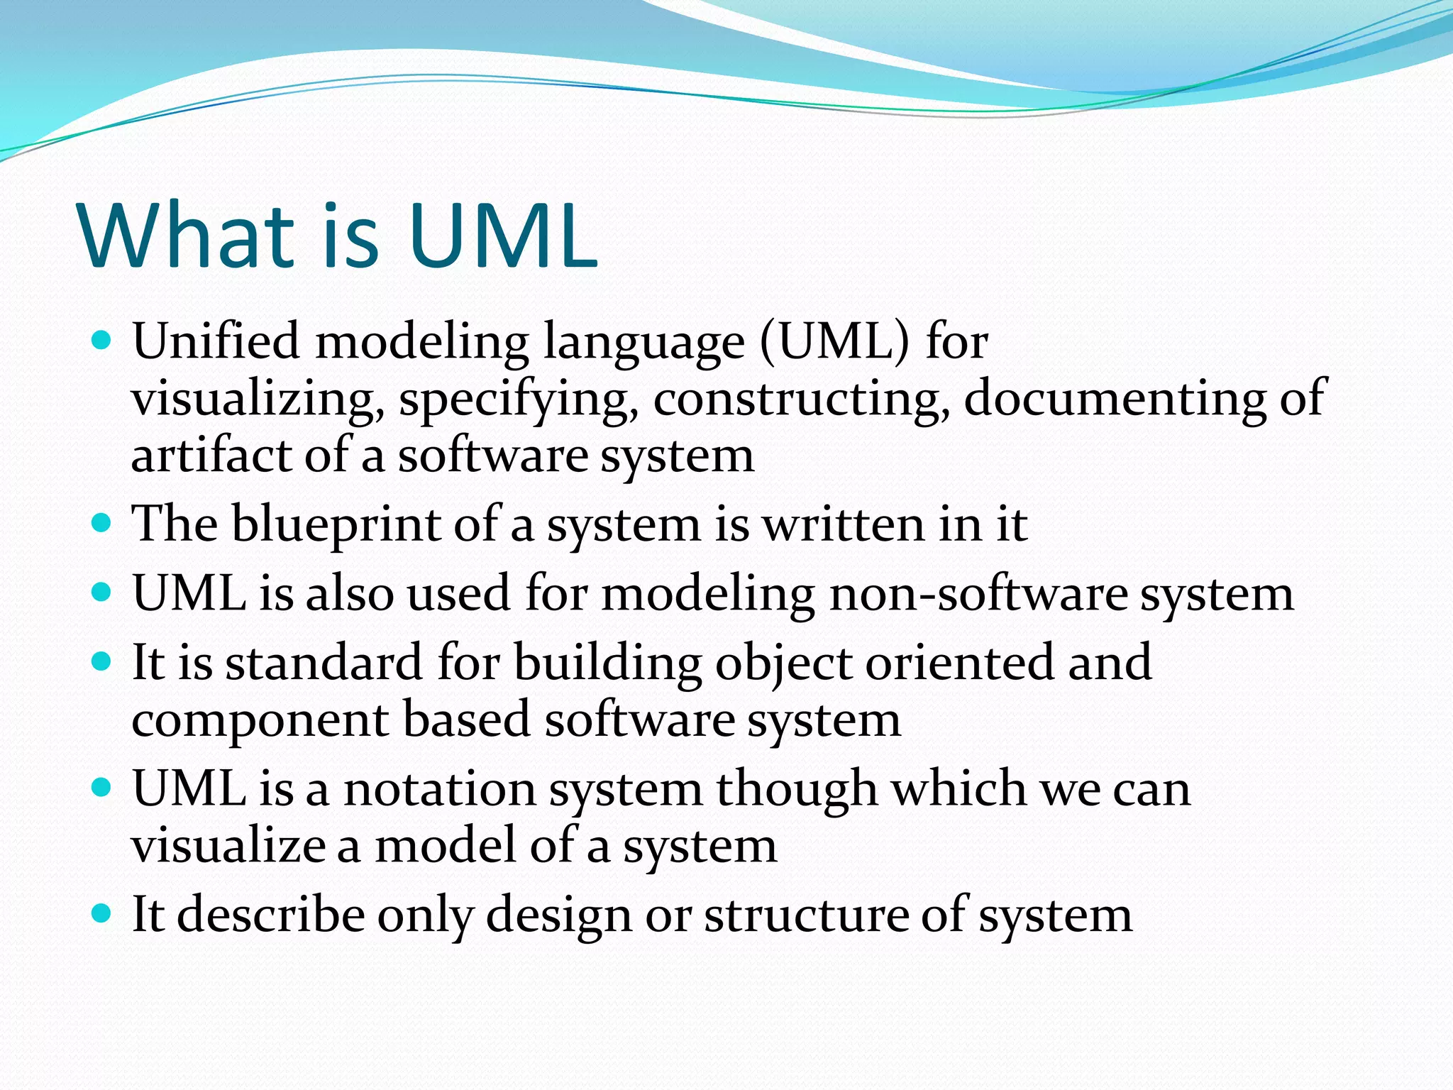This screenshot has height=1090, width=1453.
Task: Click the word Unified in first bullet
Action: [x=216, y=341]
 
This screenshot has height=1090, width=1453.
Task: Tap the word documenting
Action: [x=1115, y=399]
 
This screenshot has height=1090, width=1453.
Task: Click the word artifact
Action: [x=211, y=455]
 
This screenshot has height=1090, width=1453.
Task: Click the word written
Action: [x=843, y=524]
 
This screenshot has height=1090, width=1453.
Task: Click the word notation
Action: [x=439, y=789]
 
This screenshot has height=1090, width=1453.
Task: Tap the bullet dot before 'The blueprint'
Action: [x=102, y=524]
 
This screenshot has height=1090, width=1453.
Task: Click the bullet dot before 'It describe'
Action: [x=102, y=913]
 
